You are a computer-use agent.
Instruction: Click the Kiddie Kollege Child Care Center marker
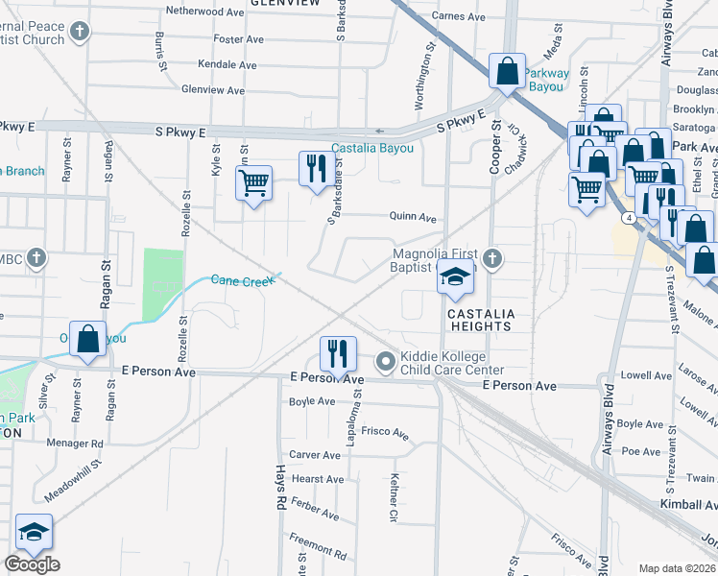pos(386,362)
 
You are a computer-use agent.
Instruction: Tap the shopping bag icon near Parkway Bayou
pos(506,71)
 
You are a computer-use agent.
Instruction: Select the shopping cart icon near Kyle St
pos(254,182)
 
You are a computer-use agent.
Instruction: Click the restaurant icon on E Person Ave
pos(336,353)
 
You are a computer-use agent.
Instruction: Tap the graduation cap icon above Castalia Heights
pos(455,277)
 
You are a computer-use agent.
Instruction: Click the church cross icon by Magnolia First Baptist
pos(492,257)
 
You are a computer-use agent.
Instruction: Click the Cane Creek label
pos(239,278)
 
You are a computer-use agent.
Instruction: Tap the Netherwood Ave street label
pos(204,12)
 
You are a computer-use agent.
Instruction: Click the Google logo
pos(32,565)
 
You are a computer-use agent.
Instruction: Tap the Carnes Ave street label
pos(458,16)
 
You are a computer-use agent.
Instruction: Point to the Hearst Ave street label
pos(317,479)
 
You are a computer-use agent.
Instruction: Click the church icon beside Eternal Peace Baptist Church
pos(81,32)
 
